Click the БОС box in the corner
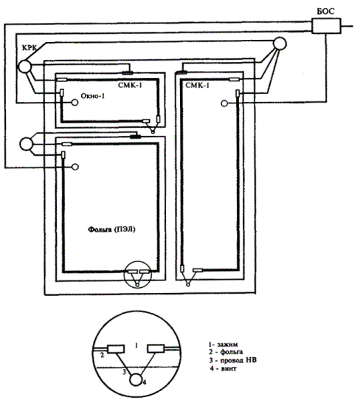click(326, 26)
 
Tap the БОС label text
click(325, 11)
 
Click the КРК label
click(30, 47)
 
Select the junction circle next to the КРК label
click(24, 66)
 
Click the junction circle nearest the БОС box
click(280, 44)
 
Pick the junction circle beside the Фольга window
click(27, 144)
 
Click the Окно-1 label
click(93, 96)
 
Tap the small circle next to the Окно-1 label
click(75, 103)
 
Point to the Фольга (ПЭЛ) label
click(112, 230)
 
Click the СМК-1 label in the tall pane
click(198, 85)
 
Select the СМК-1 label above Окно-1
click(130, 85)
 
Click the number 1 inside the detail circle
click(136, 345)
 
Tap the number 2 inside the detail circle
click(103, 356)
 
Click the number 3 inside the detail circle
click(124, 372)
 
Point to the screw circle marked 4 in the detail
click(136, 379)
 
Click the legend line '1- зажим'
click(223, 345)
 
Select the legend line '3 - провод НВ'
click(232, 360)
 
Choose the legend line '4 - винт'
click(223, 368)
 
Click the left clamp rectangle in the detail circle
click(116, 349)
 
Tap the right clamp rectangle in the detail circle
click(156, 348)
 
